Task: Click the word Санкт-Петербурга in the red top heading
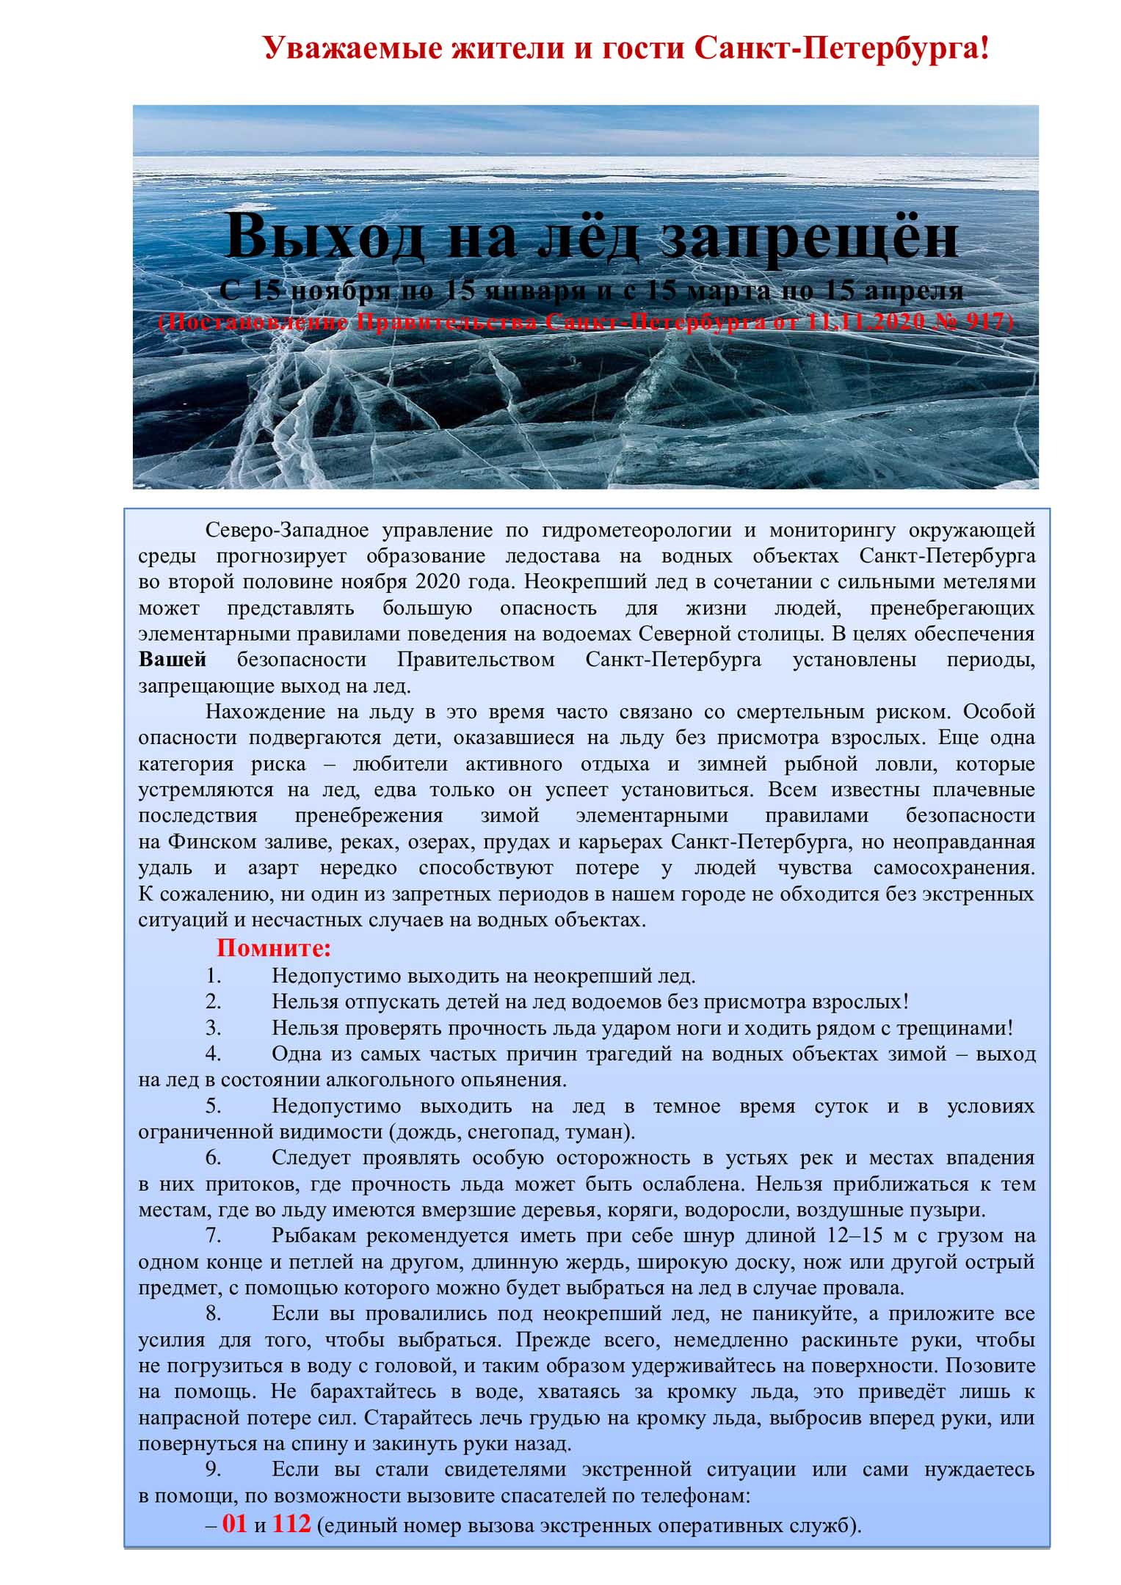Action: [x=841, y=48]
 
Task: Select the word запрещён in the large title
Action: [x=810, y=236]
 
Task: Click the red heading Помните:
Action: [x=274, y=948]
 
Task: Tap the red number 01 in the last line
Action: [x=234, y=1523]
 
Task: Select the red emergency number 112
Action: [x=291, y=1523]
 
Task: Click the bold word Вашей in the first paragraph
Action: [x=173, y=659]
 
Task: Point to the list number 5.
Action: [x=213, y=1106]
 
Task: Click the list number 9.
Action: [x=213, y=1469]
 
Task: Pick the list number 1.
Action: [x=213, y=976]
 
